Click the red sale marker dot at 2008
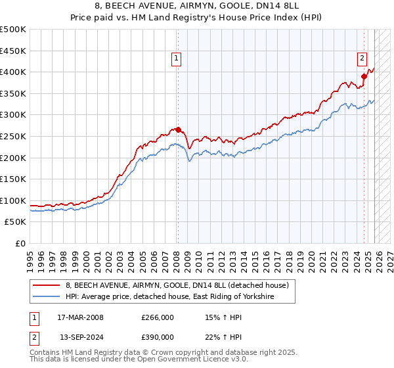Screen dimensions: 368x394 tap(177, 129)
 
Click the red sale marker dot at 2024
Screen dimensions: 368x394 tap(364, 76)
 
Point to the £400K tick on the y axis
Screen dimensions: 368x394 tap(13, 72)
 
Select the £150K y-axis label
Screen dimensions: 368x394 tap(13, 179)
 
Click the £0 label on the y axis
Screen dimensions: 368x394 tap(20, 243)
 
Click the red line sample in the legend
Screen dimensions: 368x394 tap(47, 286)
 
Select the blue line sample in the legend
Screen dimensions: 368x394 tap(47, 297)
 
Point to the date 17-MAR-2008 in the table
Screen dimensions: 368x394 tap(80, 317)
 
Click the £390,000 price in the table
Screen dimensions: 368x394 tap(158, 337)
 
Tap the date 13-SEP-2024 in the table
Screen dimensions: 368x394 tap(80, 337)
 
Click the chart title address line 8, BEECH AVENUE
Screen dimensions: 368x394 tap(197, 7)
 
